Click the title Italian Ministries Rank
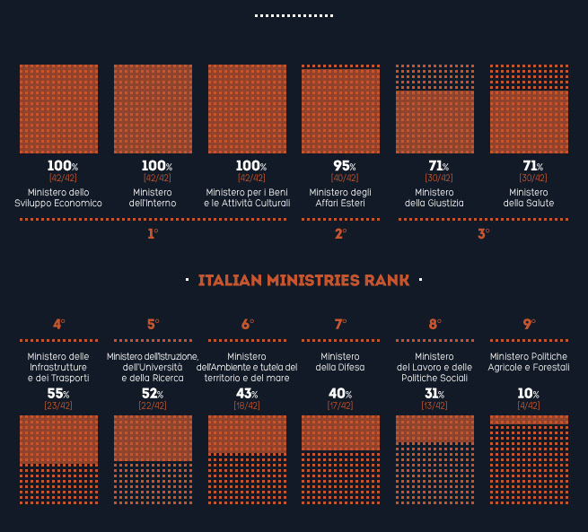(x=303, y=281)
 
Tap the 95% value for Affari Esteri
(x=340, y=166)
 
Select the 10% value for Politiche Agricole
(x=529, y=394)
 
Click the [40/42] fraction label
(x=340, y=178)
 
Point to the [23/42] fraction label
(x=58, y=406)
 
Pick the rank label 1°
(x=153, y=234)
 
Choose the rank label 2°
(x=340, y=234)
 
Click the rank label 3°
(x=483, y=234)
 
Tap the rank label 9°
(x=529, y=325)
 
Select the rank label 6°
(x=247, y=325)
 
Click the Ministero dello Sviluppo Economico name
(x=58, y=197)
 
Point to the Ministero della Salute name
(x=529, y=197)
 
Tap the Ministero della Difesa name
(x=340, y=362)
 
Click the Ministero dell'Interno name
(x=153, y=197)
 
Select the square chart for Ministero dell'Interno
(x=153, y=103)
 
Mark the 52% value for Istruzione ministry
(x=153, y=394)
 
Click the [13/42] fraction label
(x=434, y=406)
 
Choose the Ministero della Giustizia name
(x=434, y=197)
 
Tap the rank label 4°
(x=58, y=325)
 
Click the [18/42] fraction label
(x=247, y=406)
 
